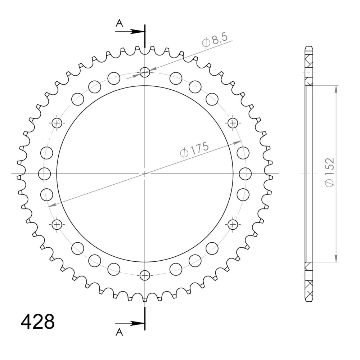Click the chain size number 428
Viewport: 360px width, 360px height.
tap(38, 321)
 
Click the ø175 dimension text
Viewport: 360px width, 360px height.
tap(194, 150)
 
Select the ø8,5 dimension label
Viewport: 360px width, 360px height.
tap(215, 41)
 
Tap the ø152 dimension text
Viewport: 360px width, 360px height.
tap(329, 172)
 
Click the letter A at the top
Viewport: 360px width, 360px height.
tap(119, 23)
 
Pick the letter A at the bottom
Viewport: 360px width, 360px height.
tap(119, 332)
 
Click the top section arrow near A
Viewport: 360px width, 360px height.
tap(130, 31)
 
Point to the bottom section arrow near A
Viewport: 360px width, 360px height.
tap(130, 323)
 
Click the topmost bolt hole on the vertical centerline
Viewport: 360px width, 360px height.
tap(145, 73)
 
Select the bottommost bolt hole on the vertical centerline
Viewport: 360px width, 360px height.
tap(145, 275)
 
